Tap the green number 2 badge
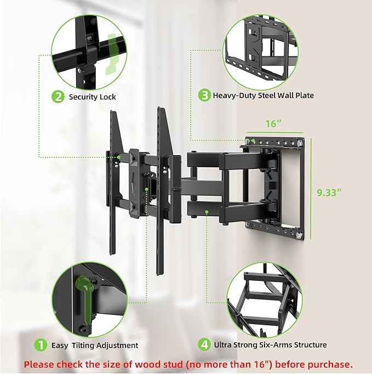pos(58,97)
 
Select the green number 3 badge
pos(204,95)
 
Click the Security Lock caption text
pos(92,97)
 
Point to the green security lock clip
pos(112,52)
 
